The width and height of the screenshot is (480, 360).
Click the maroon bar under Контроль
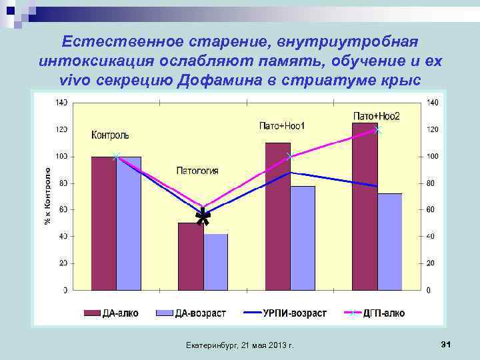pyautogui.click(x=103, y=223)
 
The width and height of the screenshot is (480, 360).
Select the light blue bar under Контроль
pyautogui.click(x=129, y=223)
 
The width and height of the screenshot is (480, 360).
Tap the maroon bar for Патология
pyautogui.click(x=190, y=257)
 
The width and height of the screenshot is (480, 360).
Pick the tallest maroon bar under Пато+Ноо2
pyautogui.click(x=365, y=207)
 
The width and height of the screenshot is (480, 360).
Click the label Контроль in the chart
pyautogui.click(x=110, y=135)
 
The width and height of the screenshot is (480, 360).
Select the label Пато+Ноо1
pyautogui.click(x=282, y=126)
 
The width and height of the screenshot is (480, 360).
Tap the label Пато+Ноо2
pyautogui.click(x=376, y=116)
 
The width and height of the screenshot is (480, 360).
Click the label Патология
pyautogui.click(x=197, y=171)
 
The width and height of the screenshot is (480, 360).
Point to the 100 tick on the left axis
pyautogui.click(x=61, y=157)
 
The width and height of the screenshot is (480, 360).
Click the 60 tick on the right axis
pyautogui.click(x=432, y=210)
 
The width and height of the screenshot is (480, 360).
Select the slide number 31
pyautogui.click(x=446, y=345)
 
